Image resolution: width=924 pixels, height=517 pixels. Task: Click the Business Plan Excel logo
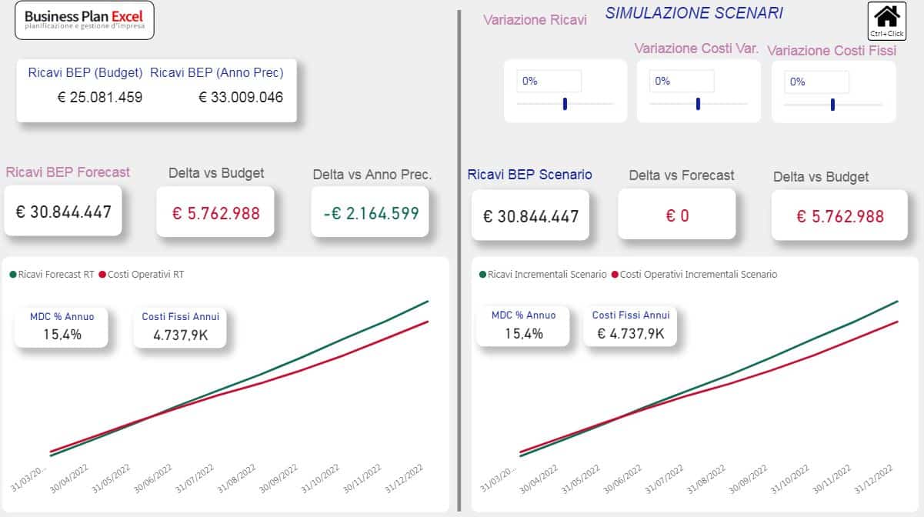tap(85, 20)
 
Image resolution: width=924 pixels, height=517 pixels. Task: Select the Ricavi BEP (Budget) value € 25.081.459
tap(100, 97)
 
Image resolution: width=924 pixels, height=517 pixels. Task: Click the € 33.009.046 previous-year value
tap(241, 97)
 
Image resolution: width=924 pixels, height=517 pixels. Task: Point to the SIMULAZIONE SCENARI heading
tap(694, 13)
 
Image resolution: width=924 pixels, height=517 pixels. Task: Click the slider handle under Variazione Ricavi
tap(565, 104)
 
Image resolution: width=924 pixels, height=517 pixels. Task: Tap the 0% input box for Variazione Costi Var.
tap(682, 82)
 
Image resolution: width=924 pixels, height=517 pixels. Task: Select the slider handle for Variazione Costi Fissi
tap(832, 105)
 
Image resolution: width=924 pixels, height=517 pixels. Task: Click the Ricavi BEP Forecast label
tap(68, 172)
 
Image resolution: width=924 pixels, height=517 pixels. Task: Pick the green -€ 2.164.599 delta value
tap(371, 213)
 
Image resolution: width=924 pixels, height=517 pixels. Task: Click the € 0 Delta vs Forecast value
tap(677, 216)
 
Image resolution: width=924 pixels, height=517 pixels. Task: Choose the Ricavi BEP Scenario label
tap(530, 175)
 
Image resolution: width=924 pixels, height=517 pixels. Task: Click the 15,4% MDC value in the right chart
tap(523, 333)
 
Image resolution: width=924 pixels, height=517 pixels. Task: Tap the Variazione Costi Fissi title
tap(832, 51)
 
